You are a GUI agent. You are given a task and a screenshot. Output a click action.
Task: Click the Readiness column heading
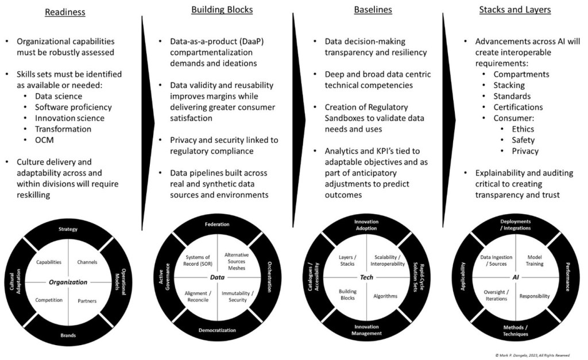tap(65, 11)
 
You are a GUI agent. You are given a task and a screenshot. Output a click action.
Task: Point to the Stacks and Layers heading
tap(515, 10)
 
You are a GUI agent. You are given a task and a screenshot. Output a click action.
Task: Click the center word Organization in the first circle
tap(68, 282)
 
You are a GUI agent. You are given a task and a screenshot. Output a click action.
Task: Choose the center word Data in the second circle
tap(217, 277)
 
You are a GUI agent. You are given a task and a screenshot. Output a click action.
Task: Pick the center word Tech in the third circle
tap(366, 277)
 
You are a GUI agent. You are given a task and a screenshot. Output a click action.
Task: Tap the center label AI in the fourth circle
tap(516, 277)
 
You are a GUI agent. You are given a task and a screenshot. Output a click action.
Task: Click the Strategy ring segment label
tap(68, 230)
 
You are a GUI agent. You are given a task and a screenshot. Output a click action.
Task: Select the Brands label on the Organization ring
tap(68, 335)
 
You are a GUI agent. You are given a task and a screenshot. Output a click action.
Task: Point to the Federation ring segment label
tap(217, 224)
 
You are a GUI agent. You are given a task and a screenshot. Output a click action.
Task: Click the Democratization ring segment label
tap(217, 330)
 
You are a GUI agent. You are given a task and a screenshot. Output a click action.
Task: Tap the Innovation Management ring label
tap(366, 330)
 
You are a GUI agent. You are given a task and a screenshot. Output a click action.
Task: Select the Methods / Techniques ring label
tap(516, 330)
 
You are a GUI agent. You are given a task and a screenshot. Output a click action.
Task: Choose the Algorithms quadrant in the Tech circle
tap(385, 296)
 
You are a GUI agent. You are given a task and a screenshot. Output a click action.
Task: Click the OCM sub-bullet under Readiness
tap(44, 140)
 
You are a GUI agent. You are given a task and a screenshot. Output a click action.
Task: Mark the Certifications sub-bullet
tap(518, 107)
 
